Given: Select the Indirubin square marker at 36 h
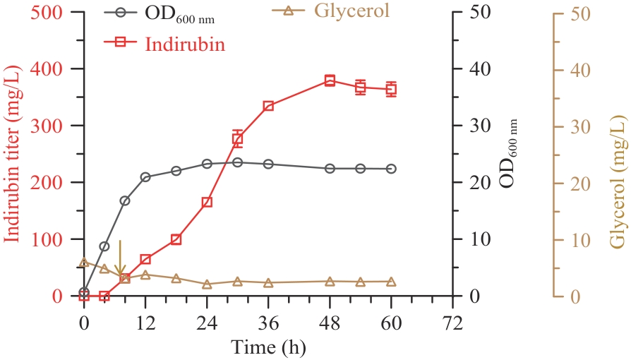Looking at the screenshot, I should [x=268, y=106].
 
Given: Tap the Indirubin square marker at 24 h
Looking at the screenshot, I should [x=207, y=203].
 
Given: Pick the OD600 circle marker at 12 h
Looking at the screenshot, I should [x=145, y=177].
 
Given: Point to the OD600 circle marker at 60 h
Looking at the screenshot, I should [x=391, y=169].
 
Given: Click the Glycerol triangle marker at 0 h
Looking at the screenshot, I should [x=84, y=263].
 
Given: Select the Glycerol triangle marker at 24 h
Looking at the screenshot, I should [x=207, y=284].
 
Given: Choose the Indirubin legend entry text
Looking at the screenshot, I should [x=186, y=44].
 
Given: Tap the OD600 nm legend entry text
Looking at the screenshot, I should [x=180, y=14].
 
